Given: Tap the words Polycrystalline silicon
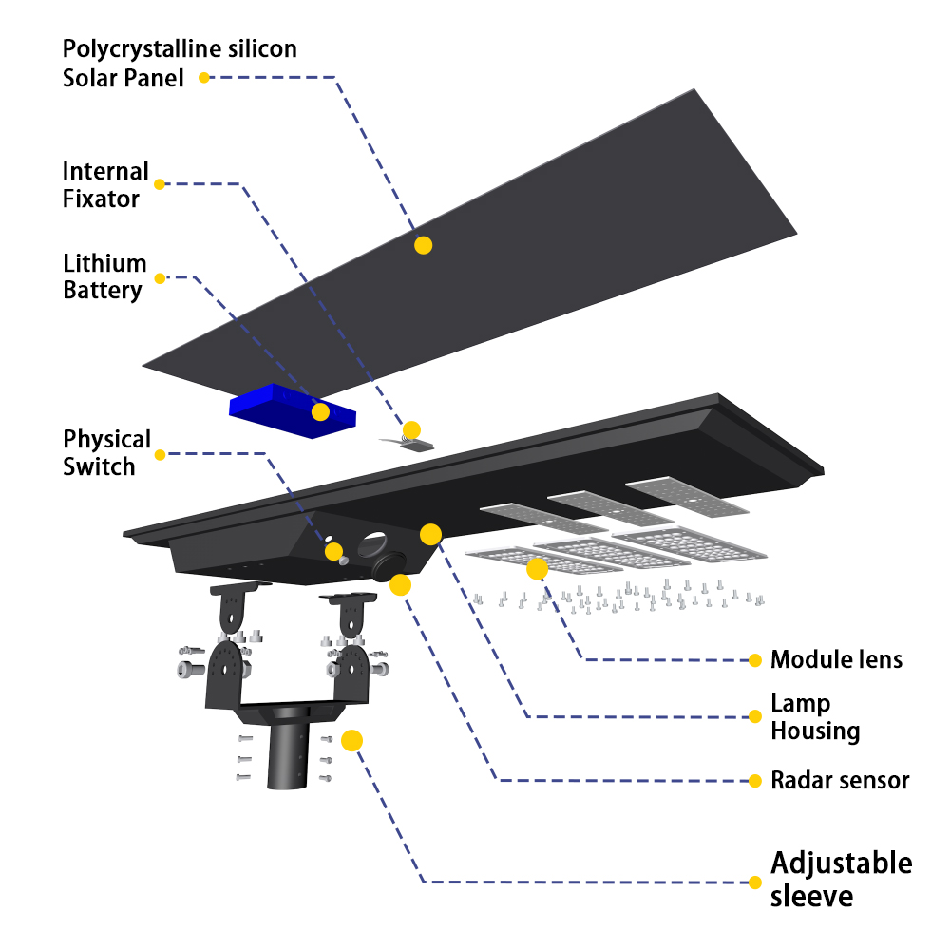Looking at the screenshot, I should pos(180,48).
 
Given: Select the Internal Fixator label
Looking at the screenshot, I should pos(105,185).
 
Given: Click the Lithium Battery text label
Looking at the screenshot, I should pos(104,276).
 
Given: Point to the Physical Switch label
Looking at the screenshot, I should pos(106,453).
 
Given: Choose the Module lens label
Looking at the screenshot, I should pos(836,659).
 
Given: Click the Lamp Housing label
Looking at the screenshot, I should pos(814,717).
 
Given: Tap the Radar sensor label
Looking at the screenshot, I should pos(840,781).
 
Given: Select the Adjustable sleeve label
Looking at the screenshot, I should pos(841,880).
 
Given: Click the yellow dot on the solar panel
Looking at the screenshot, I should pos(424,245).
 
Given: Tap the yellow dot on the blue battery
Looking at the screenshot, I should pos(320,411).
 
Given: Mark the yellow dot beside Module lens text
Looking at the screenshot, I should pos(755,660).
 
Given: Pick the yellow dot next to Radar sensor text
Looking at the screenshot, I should pos(755,781).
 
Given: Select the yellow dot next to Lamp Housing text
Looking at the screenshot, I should pos(755,716).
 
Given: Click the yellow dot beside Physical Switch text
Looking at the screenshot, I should pos(160,455).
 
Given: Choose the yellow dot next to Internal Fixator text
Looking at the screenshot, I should pos(160,184).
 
